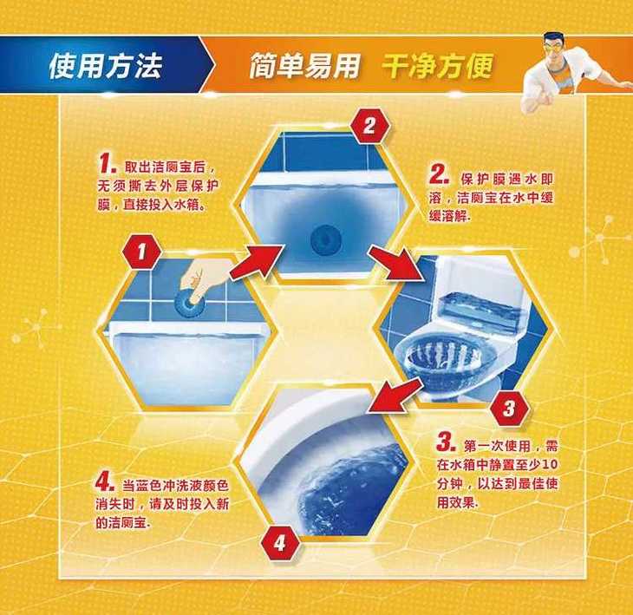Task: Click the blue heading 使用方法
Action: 106,66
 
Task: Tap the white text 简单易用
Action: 304,65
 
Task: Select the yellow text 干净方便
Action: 438,65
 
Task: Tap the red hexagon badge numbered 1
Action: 141,252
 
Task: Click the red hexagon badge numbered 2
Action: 369,126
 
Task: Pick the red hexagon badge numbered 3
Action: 509,409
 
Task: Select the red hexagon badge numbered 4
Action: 280,543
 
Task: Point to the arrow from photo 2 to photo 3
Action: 395,263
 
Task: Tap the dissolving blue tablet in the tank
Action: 326,239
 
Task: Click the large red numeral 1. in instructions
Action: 108,164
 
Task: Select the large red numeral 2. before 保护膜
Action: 440,174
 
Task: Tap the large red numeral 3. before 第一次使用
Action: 446,442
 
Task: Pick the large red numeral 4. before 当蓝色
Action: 105,481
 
